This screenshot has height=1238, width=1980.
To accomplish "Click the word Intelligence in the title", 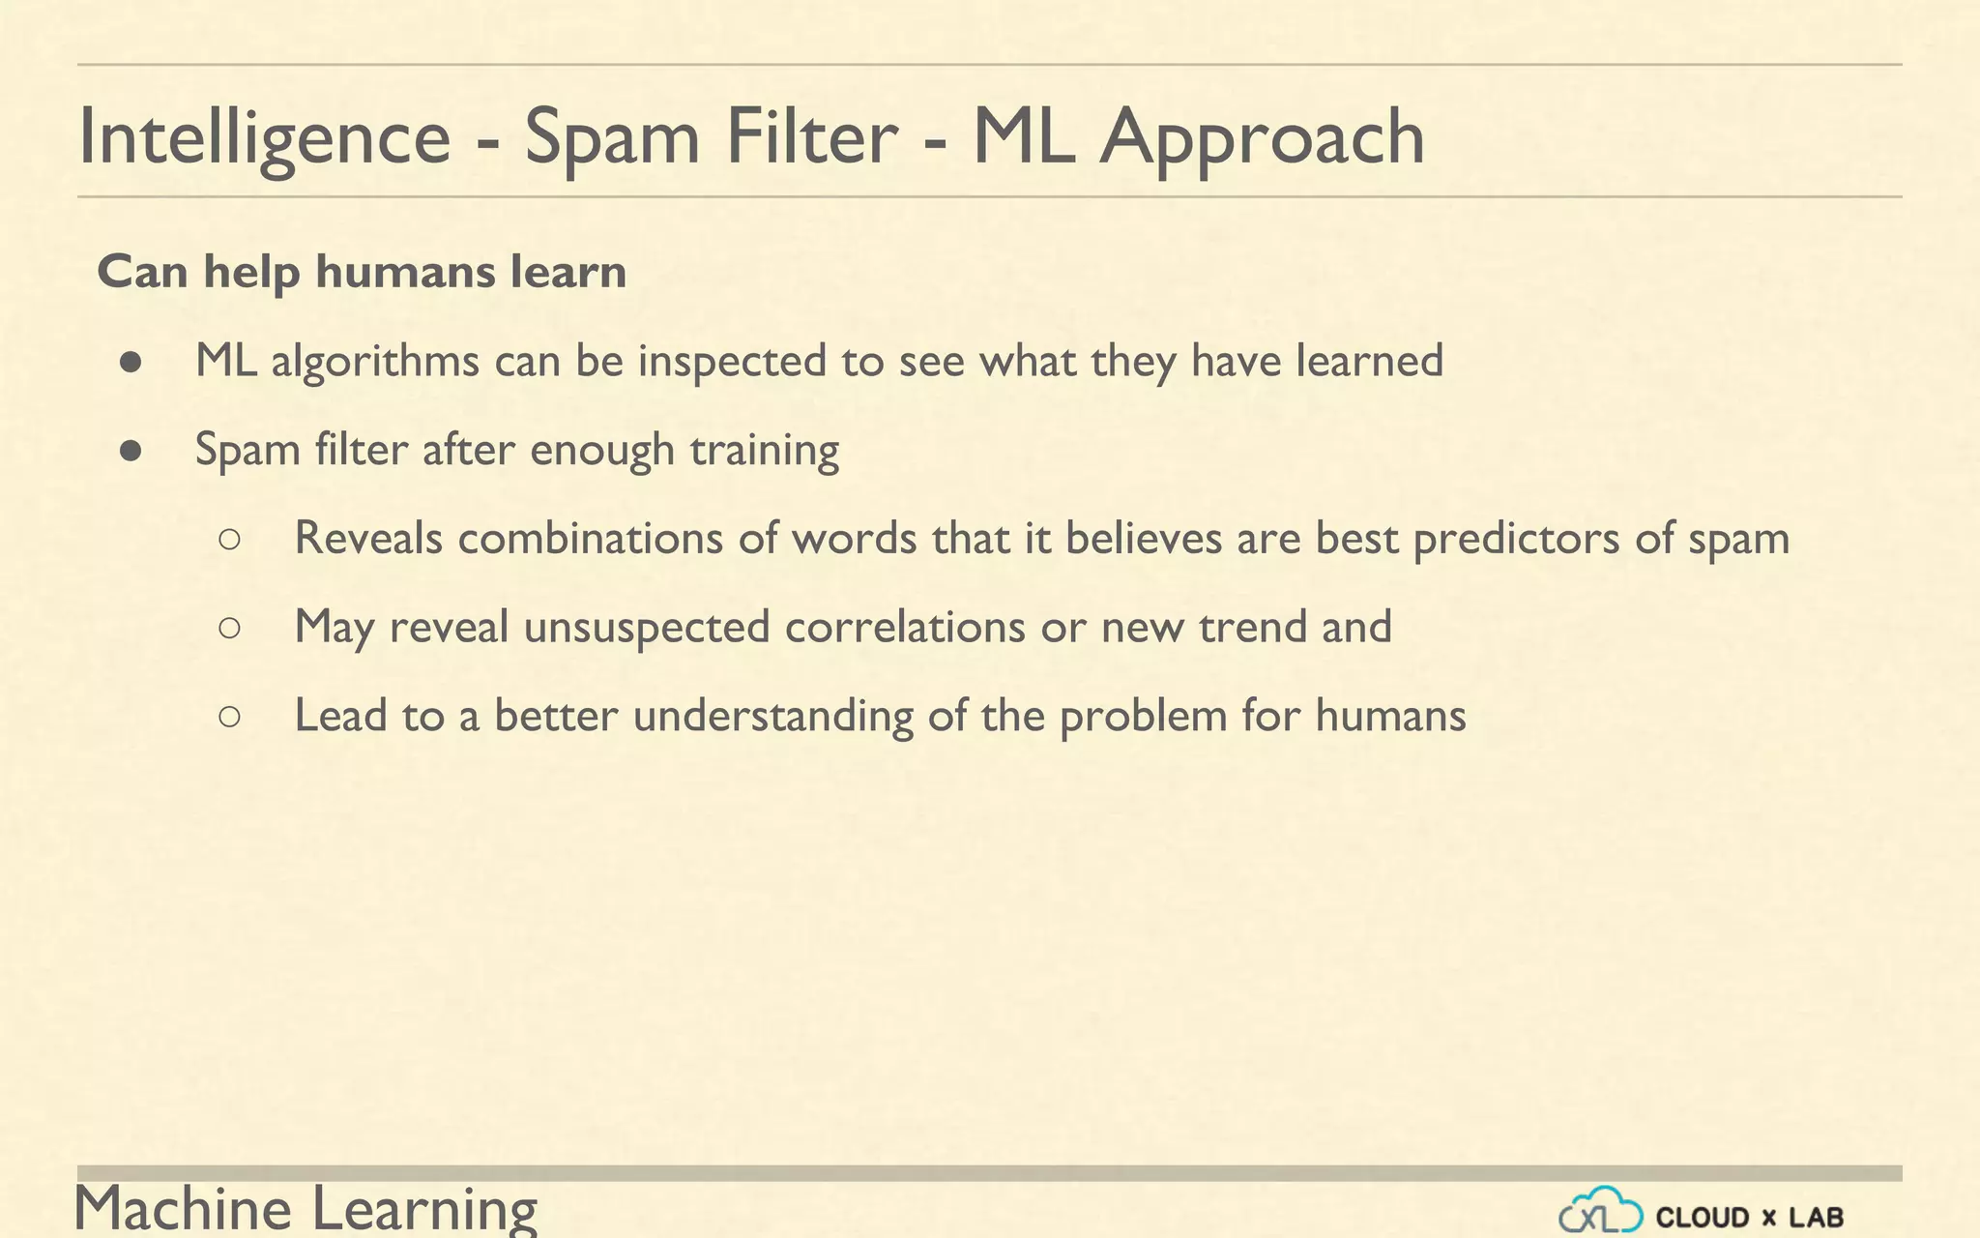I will [x=264, y=137].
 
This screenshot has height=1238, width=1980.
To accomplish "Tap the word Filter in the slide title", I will [x=812, y=136].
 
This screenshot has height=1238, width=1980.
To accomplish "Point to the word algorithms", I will [x=375, y=361].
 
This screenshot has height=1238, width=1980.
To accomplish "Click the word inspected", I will [x=732, y=361].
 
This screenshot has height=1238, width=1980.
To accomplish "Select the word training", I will [x=764, y=450].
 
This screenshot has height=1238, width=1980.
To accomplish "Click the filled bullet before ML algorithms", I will [x=131, y=363].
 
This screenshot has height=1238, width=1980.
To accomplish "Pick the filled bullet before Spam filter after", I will [x=131, y=451].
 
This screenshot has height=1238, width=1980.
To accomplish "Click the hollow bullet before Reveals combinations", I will [x=230, y=540].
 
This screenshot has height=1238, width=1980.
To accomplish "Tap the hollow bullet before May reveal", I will [x=230, y=629].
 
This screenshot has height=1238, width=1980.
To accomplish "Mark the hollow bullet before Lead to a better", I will [x=230, y=717].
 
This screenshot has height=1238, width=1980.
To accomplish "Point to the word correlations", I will [x=905, y=627].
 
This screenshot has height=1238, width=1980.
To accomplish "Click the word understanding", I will [x=772, y=717].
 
